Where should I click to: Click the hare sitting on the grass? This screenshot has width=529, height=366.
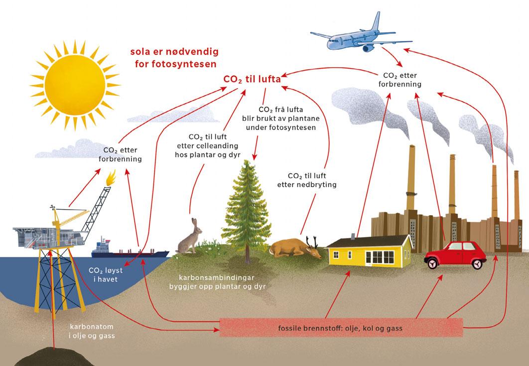189,238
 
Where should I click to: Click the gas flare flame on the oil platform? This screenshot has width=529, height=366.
110,178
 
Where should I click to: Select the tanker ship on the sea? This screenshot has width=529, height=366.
130,250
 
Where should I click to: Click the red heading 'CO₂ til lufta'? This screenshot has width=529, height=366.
252,79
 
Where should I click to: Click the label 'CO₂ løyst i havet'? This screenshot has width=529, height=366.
106,274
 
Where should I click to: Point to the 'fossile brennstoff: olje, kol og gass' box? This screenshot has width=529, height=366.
341,327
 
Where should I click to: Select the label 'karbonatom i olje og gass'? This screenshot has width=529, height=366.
92,331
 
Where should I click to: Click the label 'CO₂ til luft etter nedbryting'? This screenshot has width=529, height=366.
307,180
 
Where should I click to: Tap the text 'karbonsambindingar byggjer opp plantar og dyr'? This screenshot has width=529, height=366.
217,282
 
